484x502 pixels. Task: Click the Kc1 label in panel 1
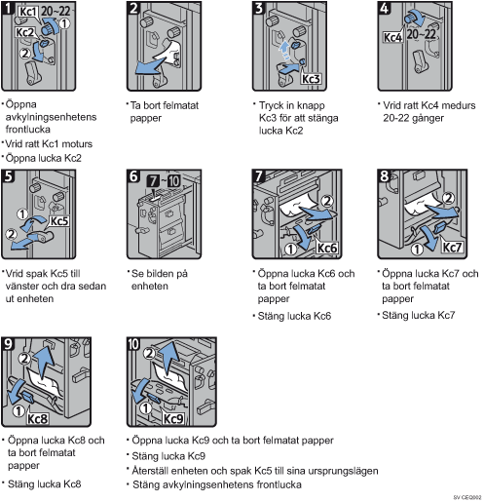pyautogui.click(x=28, y=12)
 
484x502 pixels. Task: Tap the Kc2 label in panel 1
pyautogui.click(x=25, y=32)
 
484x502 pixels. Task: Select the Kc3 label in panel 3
pyautogui.click(x=311, y=79)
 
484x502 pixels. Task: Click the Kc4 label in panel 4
pyautogui.click(x=393, y=37)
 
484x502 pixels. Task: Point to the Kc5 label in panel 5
pyautogui.click(x=59, y=221)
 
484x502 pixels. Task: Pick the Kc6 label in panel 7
pyautogui.click(x=327, y=248)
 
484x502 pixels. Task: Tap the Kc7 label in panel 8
pyautogui.click(x=453, y=248)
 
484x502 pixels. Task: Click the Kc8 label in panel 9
pyautogui.click(x=38, y=419)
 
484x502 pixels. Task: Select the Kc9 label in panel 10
pyautogui.click(x=173, y=419)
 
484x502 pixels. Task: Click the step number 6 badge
pyautogui.click(x=133, y=176)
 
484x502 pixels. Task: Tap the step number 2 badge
pyautogui.click(x=133, y=8)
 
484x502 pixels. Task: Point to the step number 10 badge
pyautogui.click(x=133, y=344)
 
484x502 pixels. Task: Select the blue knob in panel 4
pyautogui.click(x=411, y=17)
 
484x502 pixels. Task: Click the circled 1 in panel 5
pyautogui.click(x=22, y=214)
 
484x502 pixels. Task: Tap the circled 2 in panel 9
pyautogui.click(x=24, y=359)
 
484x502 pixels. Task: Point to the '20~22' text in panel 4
pyautogui.click(x=421, y=34)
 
